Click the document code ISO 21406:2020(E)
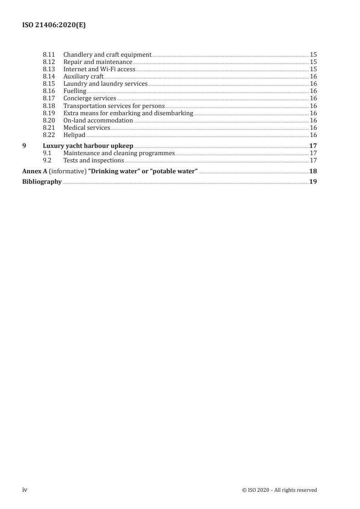54,26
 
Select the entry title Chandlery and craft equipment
107,54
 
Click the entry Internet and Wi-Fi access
99,69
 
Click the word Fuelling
74,91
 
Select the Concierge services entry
89,98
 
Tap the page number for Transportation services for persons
313,106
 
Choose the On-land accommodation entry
98,120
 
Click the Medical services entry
86,127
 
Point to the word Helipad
74,135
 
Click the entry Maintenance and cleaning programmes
119,153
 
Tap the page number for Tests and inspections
313,160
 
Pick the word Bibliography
42,181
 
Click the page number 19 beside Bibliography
313,181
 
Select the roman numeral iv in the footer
25,489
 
